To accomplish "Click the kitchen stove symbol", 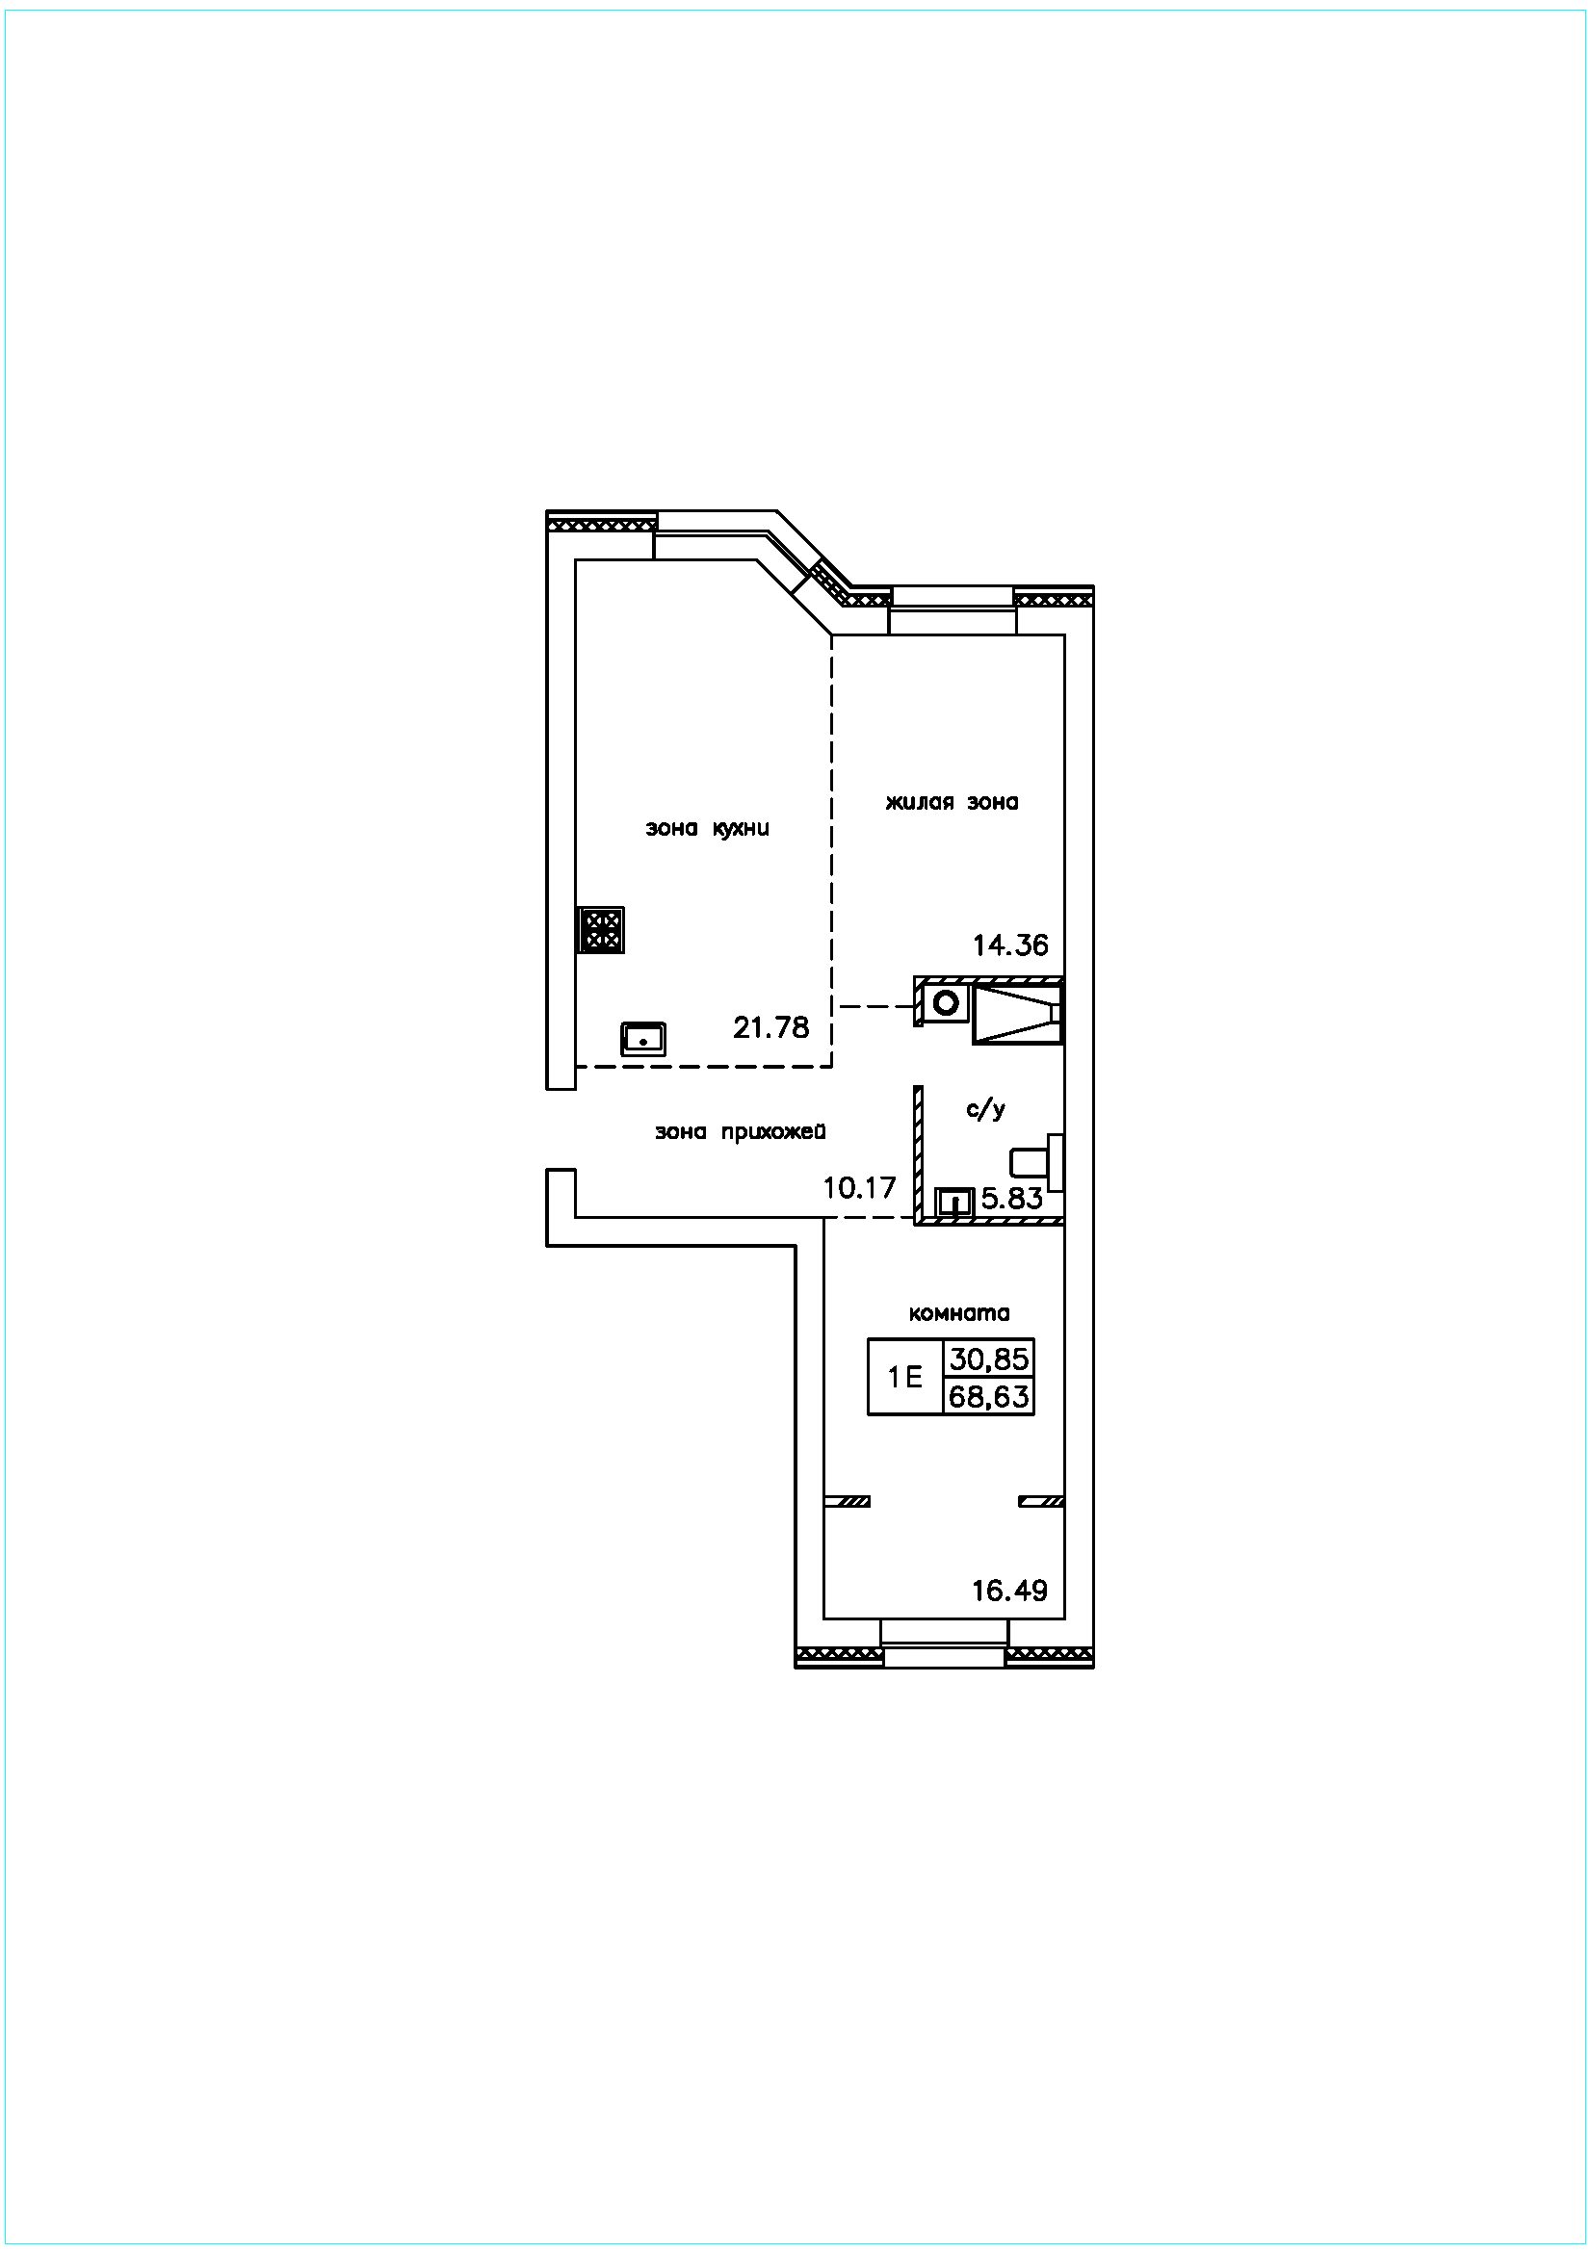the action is pyautogui.click(x=601, y=930).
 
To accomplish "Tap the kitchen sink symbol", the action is pyautogui.click(x=642, y=1038).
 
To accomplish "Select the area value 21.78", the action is pyautogui.click(x=771, y=1027).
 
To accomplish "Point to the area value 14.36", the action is pyautogui.click(x=1010, y=945).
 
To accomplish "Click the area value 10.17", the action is pyautogui.click(x=859, y=1188).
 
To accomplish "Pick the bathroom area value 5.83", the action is pyautogui.click(x=1012, y=1198).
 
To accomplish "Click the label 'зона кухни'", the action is pyautogui.click(x=706, y=829).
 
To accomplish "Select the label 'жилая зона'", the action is pyautogui.click(x=952, y=802).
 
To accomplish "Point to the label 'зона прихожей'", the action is pyautogui.click(x=741, y=1132).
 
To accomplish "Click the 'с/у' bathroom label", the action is pyautogui.click(x=986, y=1109).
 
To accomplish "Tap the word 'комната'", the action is pyautogui.click(x=959, y=1313).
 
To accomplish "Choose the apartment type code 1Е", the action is pyautogui.click(x=904, y=1377).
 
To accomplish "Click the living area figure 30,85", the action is pyautogui.click(x=989, y=1359).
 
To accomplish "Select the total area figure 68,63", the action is pyautogui.click(x=989, y=1396).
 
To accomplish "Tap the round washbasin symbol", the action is pyautogui.click(x=946, y=1003).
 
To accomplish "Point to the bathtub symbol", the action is pyautogui.click(x=1017, y=1012).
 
